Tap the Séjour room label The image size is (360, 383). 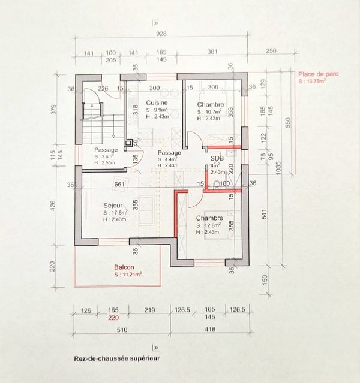click(113, 205)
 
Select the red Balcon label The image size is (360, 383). click(123, 267)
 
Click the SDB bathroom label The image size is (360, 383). click(217, 158)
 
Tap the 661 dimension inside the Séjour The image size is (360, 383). click(119, 185)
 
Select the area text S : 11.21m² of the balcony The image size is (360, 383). click(123, 275)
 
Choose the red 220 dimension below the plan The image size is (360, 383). click(113, 319)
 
